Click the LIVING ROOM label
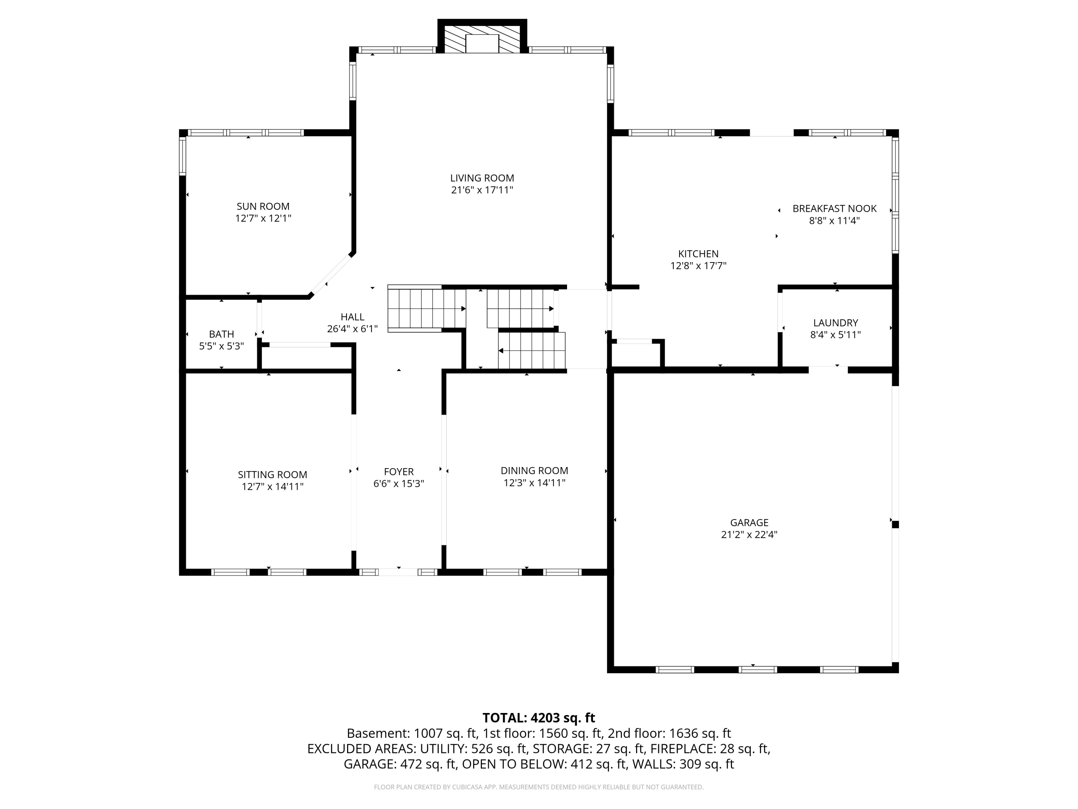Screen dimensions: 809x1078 [482, 178]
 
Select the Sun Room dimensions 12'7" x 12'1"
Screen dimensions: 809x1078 [263, 219]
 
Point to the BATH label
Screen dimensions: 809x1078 [221, 334]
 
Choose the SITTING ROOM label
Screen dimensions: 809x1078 [272, 475]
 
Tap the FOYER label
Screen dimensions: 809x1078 [399, 471]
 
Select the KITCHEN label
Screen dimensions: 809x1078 [698, 253]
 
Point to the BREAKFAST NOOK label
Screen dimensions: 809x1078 [834, 209]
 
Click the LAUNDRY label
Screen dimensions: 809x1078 [835, 323]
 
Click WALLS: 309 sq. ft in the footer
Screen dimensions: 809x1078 [682, 764]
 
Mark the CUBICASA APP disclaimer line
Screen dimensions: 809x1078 [539, 787]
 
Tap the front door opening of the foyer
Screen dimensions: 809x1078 [398, 572]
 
